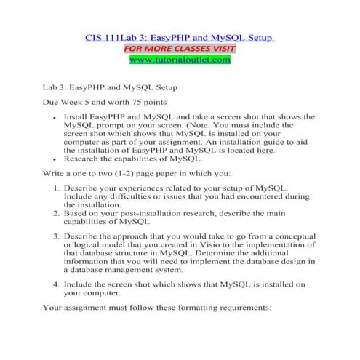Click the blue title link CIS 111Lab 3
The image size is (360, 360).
pyautogui.click(x=179, y=37)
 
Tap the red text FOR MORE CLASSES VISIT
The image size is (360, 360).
pyautogui.click(x=179, y=48)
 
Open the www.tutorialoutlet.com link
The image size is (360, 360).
pyautogui.click(x=179, y=59)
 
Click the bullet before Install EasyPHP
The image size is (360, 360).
pyautogui.click(x=55, y=116)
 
